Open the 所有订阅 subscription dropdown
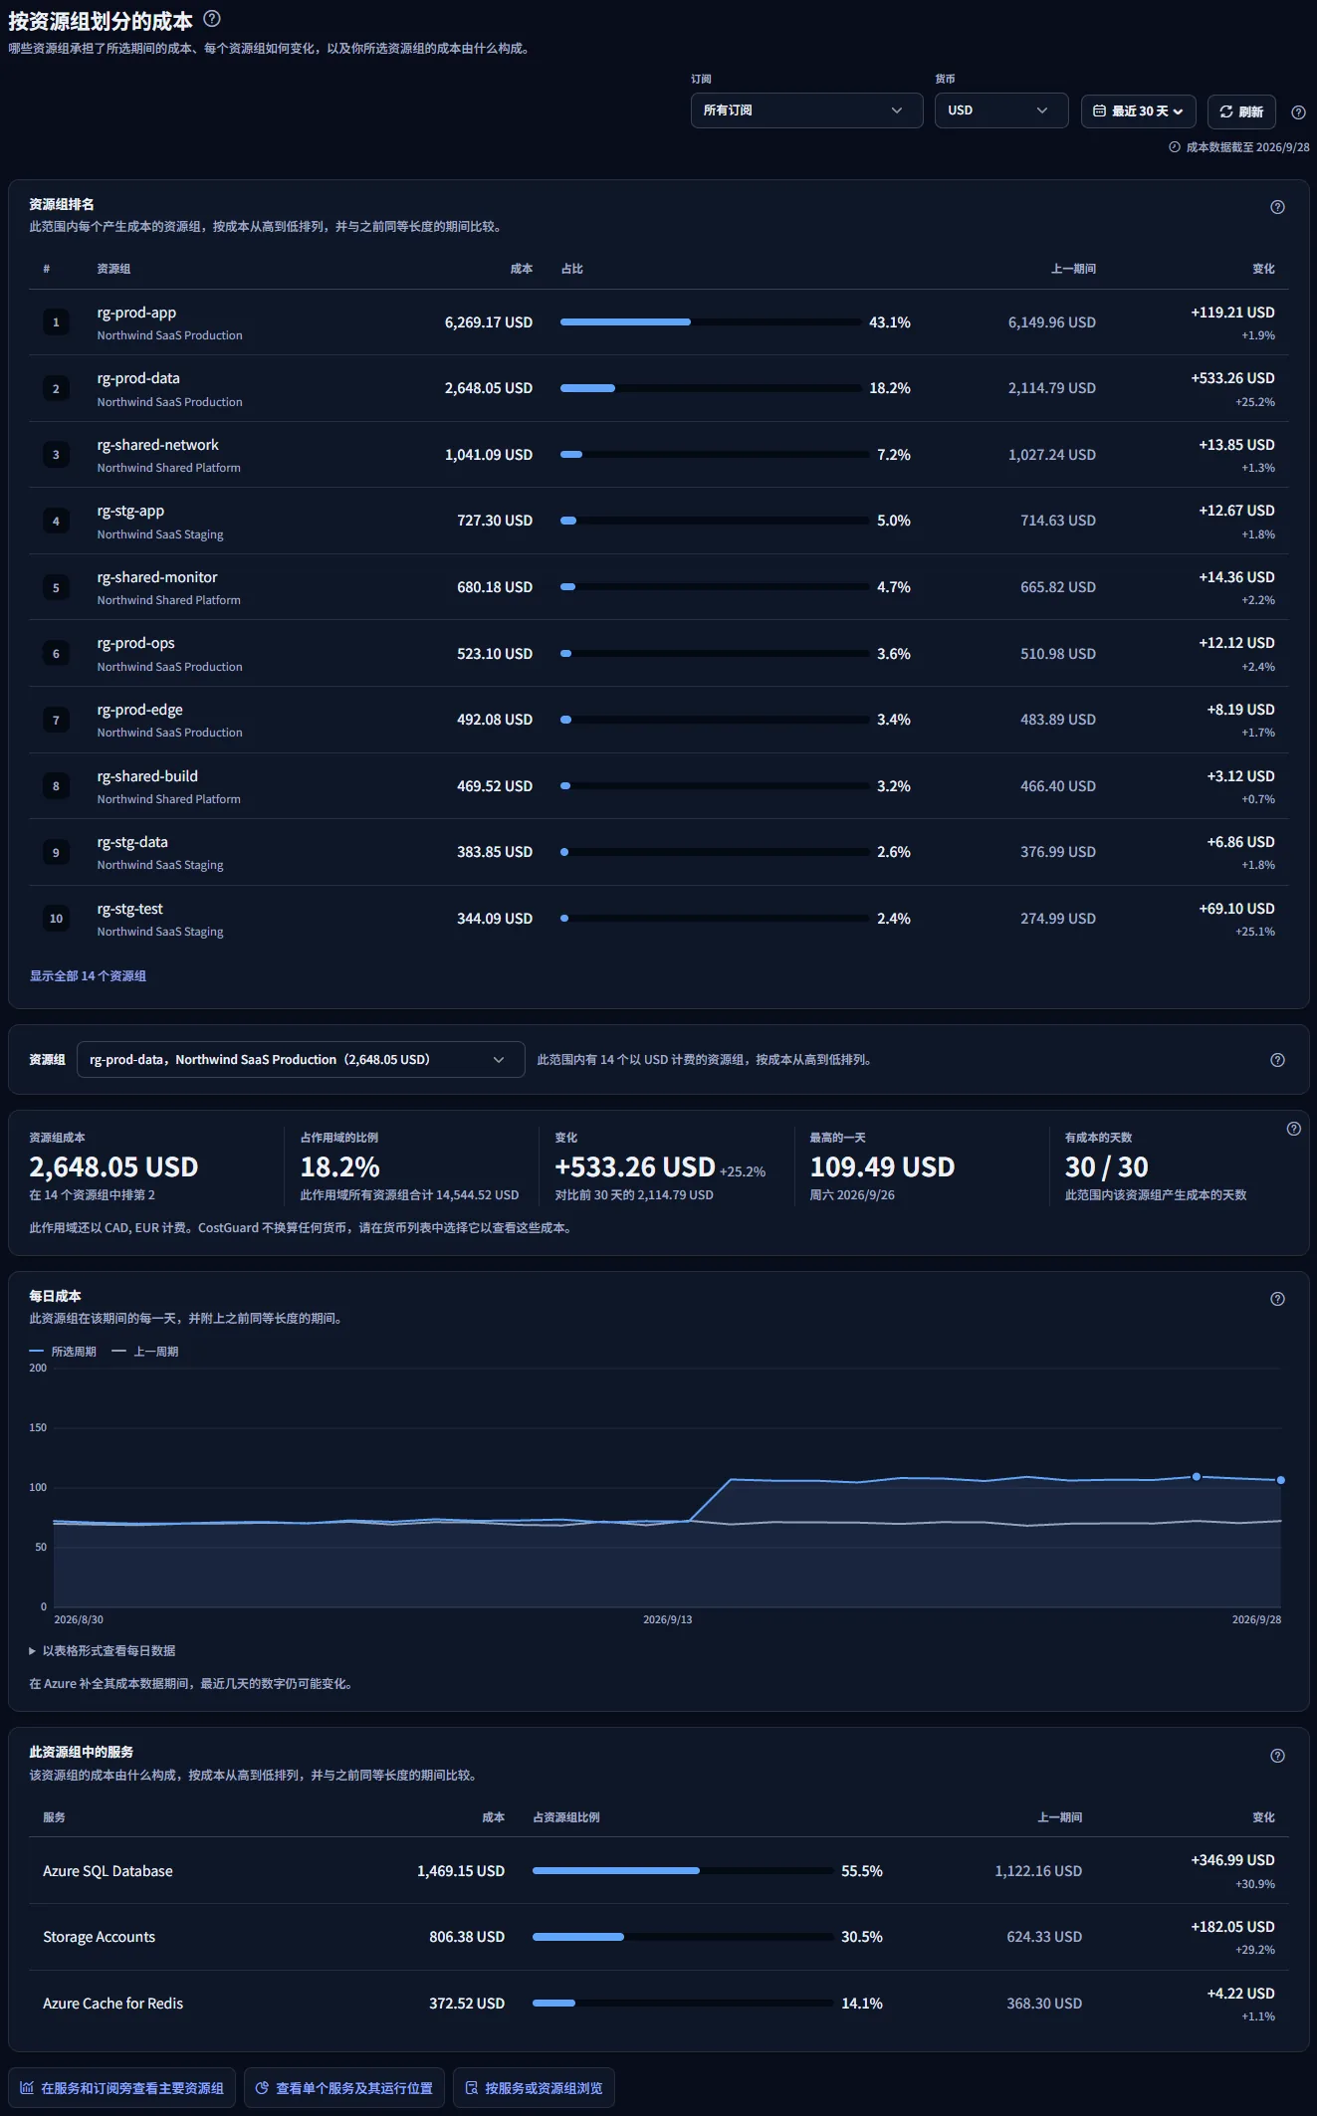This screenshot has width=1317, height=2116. coord(806,110)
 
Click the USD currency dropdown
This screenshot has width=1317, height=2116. coord(1000,110)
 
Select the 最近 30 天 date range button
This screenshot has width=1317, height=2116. coord(1138,111)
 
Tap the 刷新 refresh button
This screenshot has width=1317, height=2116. coord(1241,111)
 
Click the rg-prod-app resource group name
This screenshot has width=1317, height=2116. coord(136,313)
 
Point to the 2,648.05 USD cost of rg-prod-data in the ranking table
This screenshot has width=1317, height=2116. coord(489,388)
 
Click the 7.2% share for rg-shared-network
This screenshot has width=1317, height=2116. coord(894,455)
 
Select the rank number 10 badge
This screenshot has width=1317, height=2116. coord(56,919)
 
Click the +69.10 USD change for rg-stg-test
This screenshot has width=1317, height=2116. coord(1236,909)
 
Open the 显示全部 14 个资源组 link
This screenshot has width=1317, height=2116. coord(88,976)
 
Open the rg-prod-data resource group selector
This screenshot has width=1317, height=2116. coord(301,1060)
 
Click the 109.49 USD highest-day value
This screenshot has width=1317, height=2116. coord(882,1166)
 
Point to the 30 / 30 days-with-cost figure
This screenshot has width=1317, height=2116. coord(1107,1166)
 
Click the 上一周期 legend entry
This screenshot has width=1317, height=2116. coord(145,1352)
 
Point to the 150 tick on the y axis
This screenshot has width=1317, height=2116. coord(38,1427)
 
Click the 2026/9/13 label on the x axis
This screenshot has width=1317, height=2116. coord(667,1619)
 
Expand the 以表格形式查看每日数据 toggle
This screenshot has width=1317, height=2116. coord(103,1650)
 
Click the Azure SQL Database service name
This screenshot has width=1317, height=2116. coord(108,1871)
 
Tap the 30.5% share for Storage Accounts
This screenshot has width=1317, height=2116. coord(862,1937)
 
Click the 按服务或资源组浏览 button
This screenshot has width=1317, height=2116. coord(534,2088)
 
